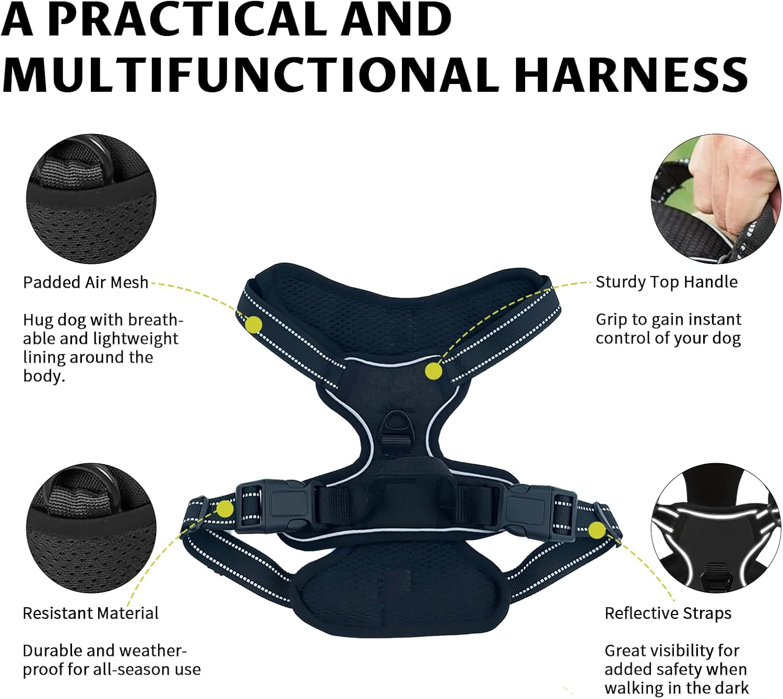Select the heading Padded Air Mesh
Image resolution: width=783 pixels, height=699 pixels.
pos(86,282)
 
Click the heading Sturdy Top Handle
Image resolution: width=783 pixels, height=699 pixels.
pos(667,282)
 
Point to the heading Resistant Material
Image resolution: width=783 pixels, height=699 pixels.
pos(90,613)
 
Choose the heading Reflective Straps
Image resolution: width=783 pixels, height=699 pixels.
pos(668,613)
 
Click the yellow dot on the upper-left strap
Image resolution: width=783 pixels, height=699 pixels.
pos(254,324)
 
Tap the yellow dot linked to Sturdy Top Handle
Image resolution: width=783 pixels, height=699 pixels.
pos(433,371)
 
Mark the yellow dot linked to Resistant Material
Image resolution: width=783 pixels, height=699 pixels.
pos(225,509)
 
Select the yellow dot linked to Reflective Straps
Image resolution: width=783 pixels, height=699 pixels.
pos(597,531)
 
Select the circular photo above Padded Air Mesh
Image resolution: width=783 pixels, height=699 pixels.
pos(91,199)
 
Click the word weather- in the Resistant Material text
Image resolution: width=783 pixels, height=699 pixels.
pos(153,650)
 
